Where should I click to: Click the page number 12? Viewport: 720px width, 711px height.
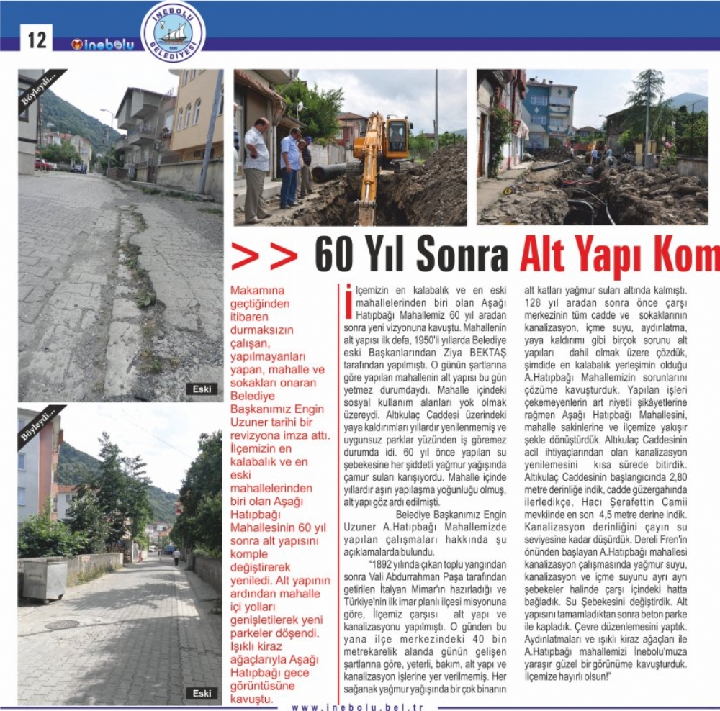click(36, 40)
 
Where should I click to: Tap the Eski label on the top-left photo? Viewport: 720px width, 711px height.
click(202, 389)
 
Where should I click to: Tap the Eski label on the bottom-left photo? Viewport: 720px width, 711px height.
click(202, 693)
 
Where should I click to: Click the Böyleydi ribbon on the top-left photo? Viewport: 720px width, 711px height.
click(40, 88)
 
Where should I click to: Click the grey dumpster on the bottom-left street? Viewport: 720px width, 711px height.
click(45, 579)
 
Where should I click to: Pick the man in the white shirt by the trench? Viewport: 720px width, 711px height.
click(256, 169)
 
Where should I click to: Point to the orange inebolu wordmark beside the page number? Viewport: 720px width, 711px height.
click(102, 45)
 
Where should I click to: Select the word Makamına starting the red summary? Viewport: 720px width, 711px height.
click(256, 290)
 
